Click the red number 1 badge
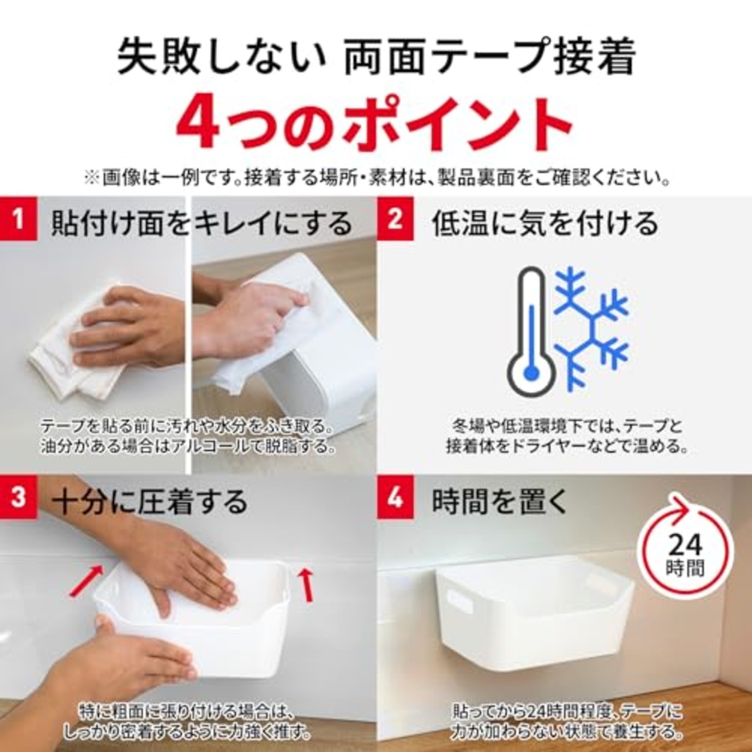coord(18,220)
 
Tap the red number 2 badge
coord(395,220)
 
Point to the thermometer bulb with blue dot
coord(532,372)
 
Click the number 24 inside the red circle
coord(685,545)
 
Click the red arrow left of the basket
coord(87,580)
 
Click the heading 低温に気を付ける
coord(545,223)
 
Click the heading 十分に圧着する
coord(150,502)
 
